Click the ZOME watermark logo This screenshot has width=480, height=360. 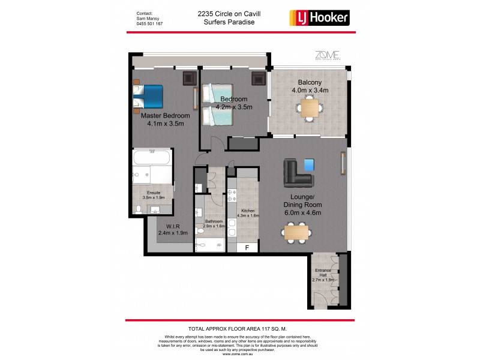coord(328,56)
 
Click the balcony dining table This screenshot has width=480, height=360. coord(310,108)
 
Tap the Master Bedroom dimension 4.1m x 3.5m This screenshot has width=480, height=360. coord(165,124)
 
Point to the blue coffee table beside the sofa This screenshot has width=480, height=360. coord(310,164)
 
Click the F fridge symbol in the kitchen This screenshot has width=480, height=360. coord(245,247)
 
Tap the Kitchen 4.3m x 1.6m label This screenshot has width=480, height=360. coord(249,214)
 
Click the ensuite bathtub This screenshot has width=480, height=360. coord(152,161)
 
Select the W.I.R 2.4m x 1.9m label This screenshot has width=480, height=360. coord(173,230)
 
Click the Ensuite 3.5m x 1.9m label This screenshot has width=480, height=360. coord(154,194)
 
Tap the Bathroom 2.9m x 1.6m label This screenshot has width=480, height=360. coord(213,224)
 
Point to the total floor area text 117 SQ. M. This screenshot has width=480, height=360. coord(239,328)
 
